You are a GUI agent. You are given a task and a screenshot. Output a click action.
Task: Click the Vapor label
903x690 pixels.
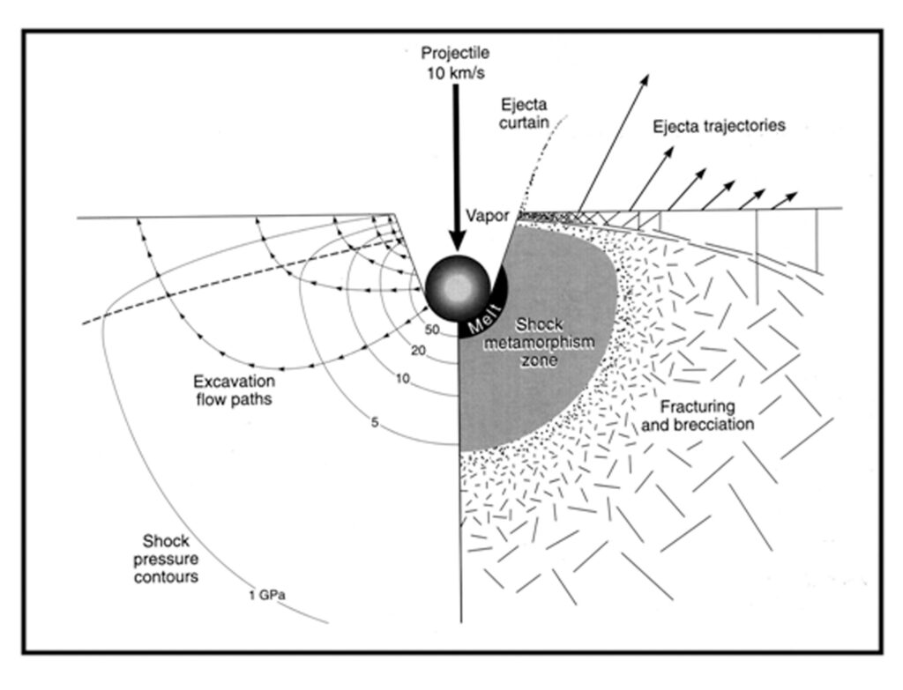coord(487,216)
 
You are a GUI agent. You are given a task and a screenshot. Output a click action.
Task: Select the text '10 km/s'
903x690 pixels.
coord(455,74)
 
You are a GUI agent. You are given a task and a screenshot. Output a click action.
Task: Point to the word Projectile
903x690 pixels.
coord(455,53)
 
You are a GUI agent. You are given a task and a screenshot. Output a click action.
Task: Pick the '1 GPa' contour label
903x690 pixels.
coord(266,596)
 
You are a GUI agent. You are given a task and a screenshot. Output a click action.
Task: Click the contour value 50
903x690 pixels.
coord(432,330)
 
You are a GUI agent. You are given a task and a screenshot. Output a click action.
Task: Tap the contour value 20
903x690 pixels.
coord(419,350)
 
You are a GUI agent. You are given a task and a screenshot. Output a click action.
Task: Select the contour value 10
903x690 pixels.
coord(402,378)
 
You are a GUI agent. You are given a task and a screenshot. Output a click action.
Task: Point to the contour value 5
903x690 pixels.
coord(375,423)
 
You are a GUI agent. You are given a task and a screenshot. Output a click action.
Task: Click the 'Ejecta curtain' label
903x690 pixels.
coord(524,114)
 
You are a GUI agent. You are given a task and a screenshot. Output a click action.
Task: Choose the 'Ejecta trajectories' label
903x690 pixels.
coord(719,126)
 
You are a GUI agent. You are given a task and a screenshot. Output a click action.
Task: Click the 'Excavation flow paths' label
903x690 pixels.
coord(234,390)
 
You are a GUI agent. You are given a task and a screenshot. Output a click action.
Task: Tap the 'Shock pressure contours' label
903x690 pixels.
coord(166,559)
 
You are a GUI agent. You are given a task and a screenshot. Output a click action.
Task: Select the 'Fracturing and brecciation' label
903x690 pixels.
coord(698,415)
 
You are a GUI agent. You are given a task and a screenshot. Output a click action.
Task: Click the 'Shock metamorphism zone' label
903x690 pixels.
coord(540,343)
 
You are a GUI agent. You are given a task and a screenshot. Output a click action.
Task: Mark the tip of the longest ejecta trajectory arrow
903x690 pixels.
coord(648,75)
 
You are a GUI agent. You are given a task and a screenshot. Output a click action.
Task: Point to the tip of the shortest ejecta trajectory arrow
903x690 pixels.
coord(797,193)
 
